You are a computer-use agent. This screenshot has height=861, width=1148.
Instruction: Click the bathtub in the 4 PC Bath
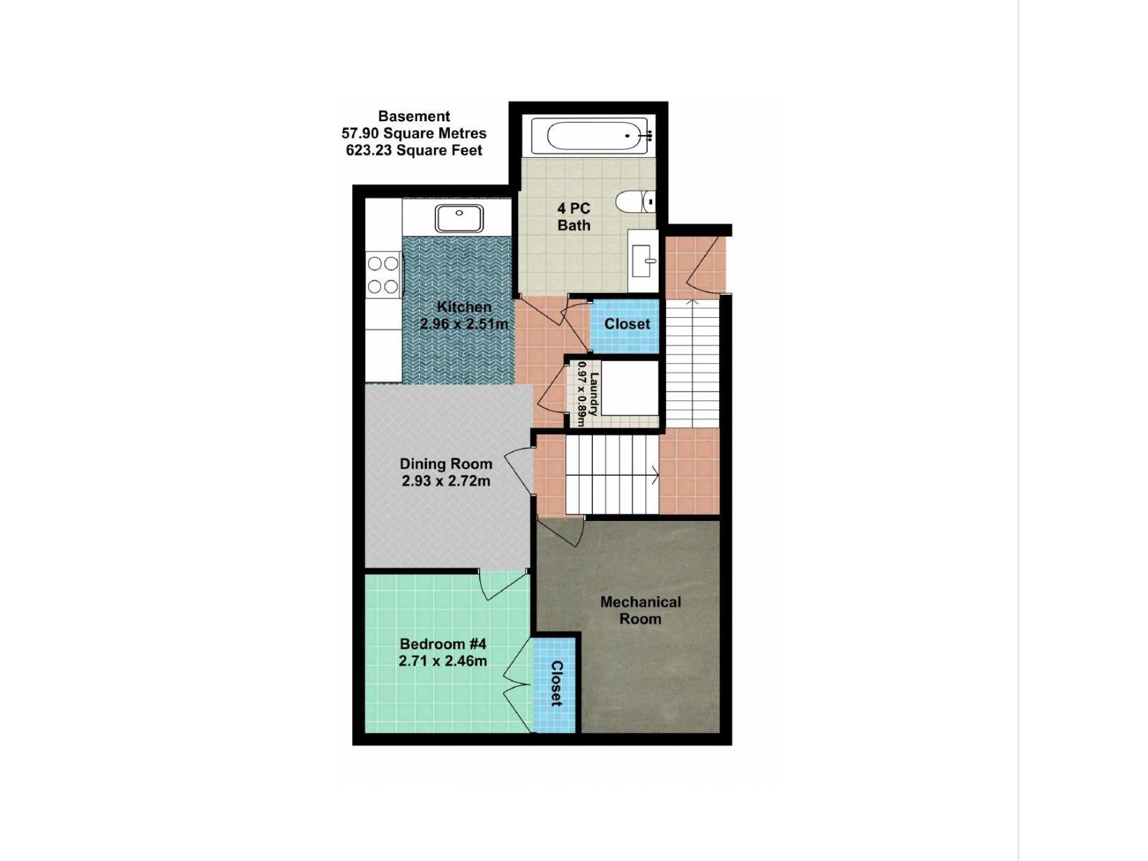pos(593,135)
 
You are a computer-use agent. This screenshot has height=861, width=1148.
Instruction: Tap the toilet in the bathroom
pos(634,202)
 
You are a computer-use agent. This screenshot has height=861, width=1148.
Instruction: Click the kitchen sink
pos(458,217)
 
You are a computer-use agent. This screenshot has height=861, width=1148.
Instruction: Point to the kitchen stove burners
pos(383,275)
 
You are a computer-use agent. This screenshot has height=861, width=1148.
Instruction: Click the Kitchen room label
pos(464,307)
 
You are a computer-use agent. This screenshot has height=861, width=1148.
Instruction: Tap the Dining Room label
pos(446,464)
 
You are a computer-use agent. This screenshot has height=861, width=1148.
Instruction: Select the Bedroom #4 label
pos(443,644)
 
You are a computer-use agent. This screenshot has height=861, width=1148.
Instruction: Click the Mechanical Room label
pos(640,610)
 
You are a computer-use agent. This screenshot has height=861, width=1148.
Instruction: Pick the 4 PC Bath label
pos(574,217)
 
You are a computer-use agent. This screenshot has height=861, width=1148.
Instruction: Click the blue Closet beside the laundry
pos(626,324)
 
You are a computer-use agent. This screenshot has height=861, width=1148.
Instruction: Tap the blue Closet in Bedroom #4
pos(555,684)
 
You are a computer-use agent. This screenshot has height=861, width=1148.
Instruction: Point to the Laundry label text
pos(593,393)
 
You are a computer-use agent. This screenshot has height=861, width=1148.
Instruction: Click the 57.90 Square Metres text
pos(414,133)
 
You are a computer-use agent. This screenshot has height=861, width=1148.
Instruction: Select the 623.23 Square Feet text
pos(414,151)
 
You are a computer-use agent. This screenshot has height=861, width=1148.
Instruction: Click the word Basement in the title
pos(414,116)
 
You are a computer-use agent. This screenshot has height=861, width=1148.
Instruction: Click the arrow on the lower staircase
pos(654,474)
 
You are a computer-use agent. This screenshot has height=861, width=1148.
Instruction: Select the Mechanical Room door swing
pos(561,532)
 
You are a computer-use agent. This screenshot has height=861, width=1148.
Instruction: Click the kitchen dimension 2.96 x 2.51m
pos(464,324)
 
